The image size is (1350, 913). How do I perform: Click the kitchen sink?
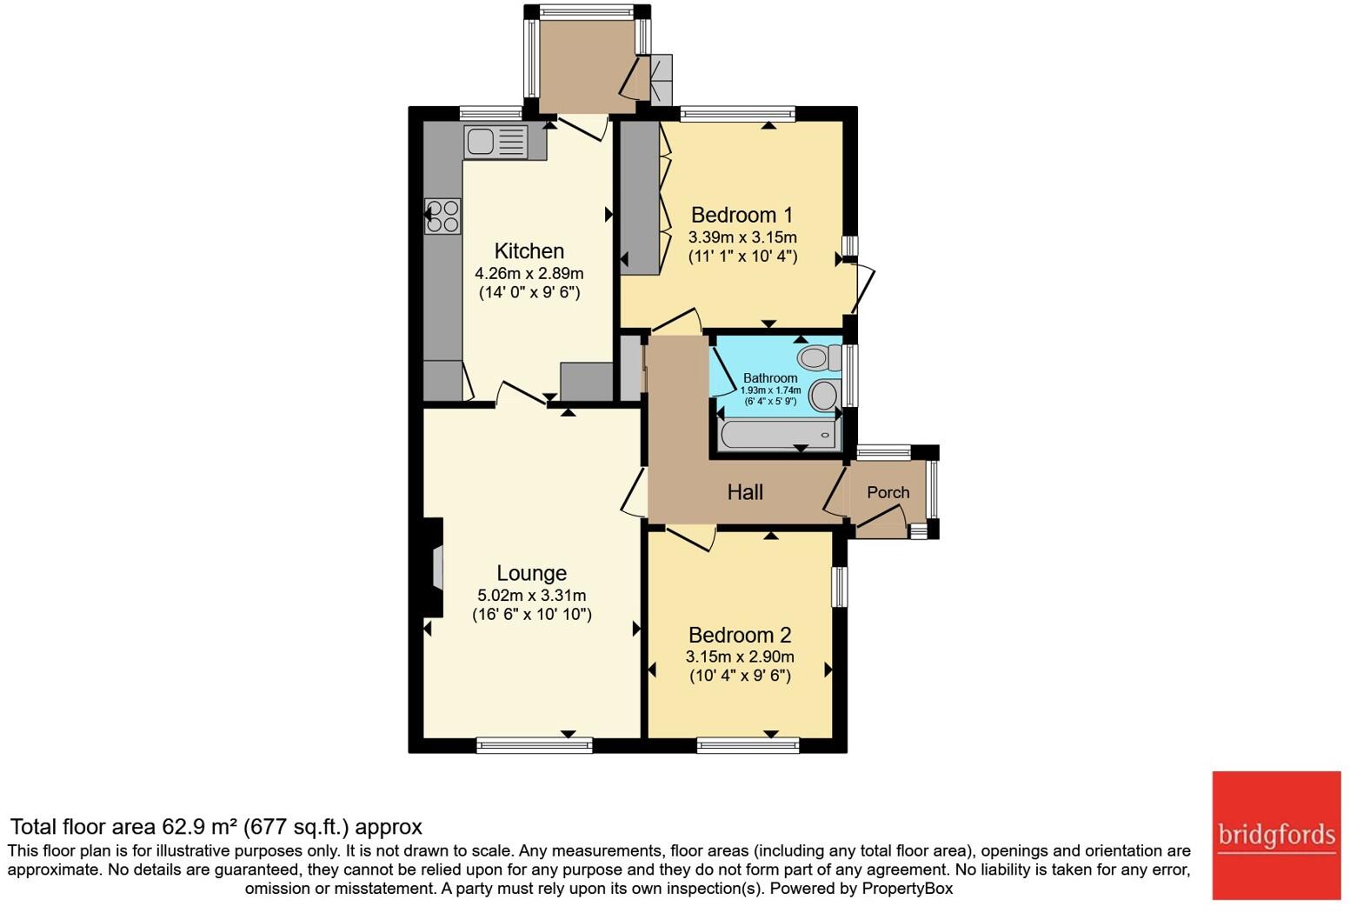[x=495, y=141]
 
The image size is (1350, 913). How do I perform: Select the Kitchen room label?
[x=529, y=251]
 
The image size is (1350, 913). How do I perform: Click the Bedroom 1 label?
[x=742, y=215]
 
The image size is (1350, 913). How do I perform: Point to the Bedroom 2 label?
[x=739, y=635]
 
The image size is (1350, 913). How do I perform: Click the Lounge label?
[x=531, y=573]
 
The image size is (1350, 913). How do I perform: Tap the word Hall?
[x=745, y=492]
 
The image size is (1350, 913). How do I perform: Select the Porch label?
[x=888, y=492]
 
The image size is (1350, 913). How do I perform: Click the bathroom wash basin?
[x=824, y=396]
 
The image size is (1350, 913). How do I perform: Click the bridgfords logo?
[x=1276, y=835]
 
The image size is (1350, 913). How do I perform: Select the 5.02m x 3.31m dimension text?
[x=531, y=596]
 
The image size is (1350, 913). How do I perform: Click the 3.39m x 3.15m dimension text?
[x=742, y=237]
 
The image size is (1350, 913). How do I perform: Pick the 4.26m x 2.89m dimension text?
[x=529, y=273]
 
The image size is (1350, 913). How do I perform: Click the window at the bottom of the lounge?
[x=535, y=744]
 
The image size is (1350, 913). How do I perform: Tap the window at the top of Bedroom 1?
[x=737, y=113]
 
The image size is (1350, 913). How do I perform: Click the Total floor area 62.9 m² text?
[x=216, y=826]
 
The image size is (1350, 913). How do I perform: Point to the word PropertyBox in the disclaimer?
[x=907, y=889]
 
